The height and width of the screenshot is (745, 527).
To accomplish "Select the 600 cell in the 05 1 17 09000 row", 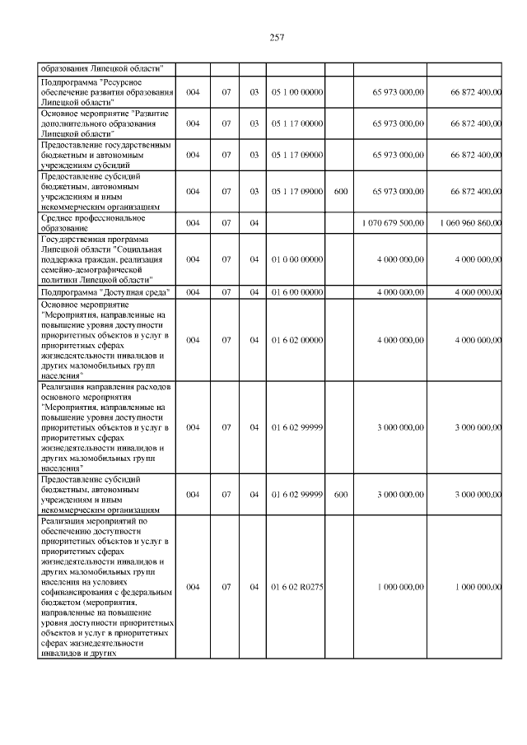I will coord(340,191).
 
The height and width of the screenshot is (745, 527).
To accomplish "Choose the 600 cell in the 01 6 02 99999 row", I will coord(340,495).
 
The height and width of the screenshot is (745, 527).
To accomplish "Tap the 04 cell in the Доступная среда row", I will coord(254,291).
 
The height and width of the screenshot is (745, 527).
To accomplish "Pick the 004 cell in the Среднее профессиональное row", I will coord(192,223).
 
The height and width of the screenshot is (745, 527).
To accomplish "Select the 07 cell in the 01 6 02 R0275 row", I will coord(226,586).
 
